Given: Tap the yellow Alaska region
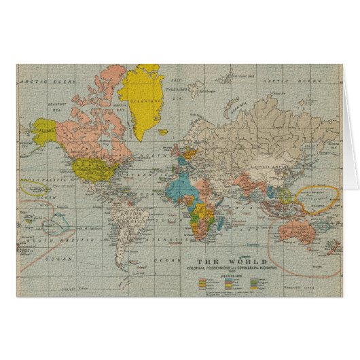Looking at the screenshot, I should coord(45,129).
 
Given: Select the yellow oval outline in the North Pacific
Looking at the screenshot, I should coord(34,187).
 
